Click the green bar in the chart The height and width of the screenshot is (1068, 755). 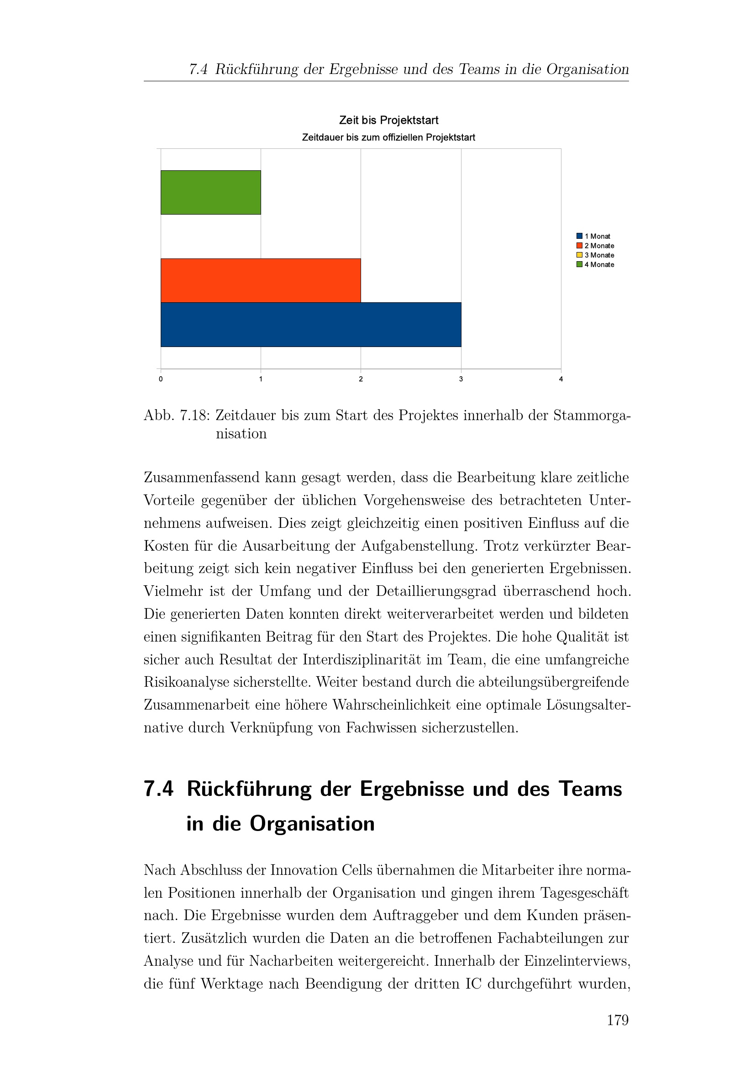coord(210,192)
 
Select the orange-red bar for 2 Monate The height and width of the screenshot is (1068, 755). coord(260,280)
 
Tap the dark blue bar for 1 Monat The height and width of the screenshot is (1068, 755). coord(310,324)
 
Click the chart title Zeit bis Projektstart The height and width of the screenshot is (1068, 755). coord(388,121)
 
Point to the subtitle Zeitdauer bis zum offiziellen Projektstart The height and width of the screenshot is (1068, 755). coord(388,138)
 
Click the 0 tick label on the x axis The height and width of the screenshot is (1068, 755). coord(161,379)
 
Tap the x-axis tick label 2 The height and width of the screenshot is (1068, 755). coord(361,379)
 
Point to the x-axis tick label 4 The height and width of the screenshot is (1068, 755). coord(561,379)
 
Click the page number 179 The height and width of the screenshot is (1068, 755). coord(618,1020)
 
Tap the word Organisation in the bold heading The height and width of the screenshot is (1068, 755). coord(312,824)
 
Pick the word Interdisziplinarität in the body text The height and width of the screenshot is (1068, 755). coord(372,660)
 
